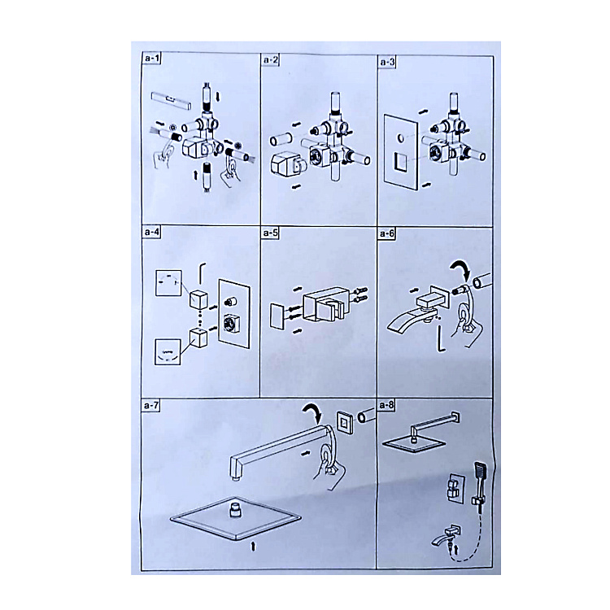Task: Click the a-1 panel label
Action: pyautogui.click(x=152, y=59)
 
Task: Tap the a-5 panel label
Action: pyautogui.click(x=270, y=233)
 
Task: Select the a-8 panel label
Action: pyautogui.click(x=386, y=405)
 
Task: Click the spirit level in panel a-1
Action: pyautogui.click(x=171, y=101)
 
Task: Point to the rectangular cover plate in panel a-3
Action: pyautogui.click(x=401, y=153)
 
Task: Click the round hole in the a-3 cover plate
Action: pyautogui.click(x=399, y=137)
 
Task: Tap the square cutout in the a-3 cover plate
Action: pyautogui.click(x=401, y=162)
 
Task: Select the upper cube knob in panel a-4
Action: pyautogui.click(x=198, y=298)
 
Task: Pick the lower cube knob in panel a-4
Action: pyautogui.click(x=198, y=338)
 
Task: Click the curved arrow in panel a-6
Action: pyautogui.click(x=461, y=269)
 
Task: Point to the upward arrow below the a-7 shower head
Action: pyautogui.click(x=253, y=547)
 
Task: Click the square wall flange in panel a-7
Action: pyautogui.click(x=345, y=422)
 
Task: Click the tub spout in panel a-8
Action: pyautogui.click(x=446, y=534)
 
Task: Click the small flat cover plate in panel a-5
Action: pyautogui.click(x=277, y=315)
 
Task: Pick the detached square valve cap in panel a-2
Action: pyautogui.click(x=286, y=163)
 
